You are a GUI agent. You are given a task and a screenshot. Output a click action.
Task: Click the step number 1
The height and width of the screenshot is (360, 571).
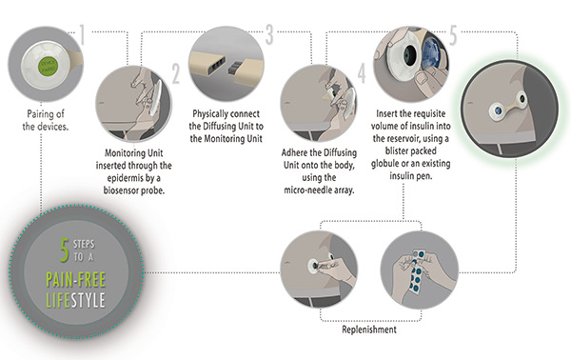[x=82, y=35]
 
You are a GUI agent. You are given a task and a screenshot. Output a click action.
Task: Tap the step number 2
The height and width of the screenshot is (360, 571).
[x=176, y=73]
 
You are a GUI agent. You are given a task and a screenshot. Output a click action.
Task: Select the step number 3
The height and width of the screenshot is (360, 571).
[x=269, y=34]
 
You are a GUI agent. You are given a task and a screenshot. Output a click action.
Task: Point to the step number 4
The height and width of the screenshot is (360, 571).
[x=362, y=73]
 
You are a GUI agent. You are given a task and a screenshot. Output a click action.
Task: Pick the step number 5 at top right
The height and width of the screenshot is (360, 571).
[x=453, y=35]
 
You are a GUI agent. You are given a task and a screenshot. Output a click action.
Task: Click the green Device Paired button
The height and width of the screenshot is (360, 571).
[x=49, y=66]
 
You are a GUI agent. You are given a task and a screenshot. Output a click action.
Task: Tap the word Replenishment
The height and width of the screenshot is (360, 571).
[x=369, y=330]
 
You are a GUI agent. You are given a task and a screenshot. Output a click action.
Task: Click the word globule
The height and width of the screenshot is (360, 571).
[x=384, y=163]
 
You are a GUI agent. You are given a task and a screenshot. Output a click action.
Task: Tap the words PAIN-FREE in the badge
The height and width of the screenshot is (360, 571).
[x=76, y=280]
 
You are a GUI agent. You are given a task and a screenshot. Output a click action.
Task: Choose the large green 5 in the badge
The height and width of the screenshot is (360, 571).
[x=65, y=250]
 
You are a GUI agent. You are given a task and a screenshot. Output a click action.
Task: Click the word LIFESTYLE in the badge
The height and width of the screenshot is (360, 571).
[x=76, y=300]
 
